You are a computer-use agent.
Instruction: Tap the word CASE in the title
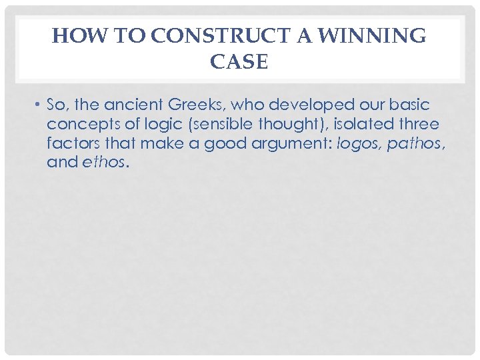239,62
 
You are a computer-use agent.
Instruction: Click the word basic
411,105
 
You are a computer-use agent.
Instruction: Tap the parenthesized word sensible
214,125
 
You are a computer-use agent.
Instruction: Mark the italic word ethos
103,162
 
